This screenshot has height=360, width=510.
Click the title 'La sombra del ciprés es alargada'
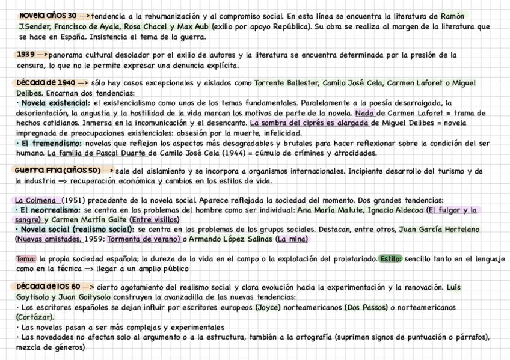(x=309, y=123)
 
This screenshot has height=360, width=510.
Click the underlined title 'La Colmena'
(x=37, y=200)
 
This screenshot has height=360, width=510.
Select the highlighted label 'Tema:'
(x=26, y=259)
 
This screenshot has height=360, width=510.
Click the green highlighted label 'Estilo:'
(x=391, y=259)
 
